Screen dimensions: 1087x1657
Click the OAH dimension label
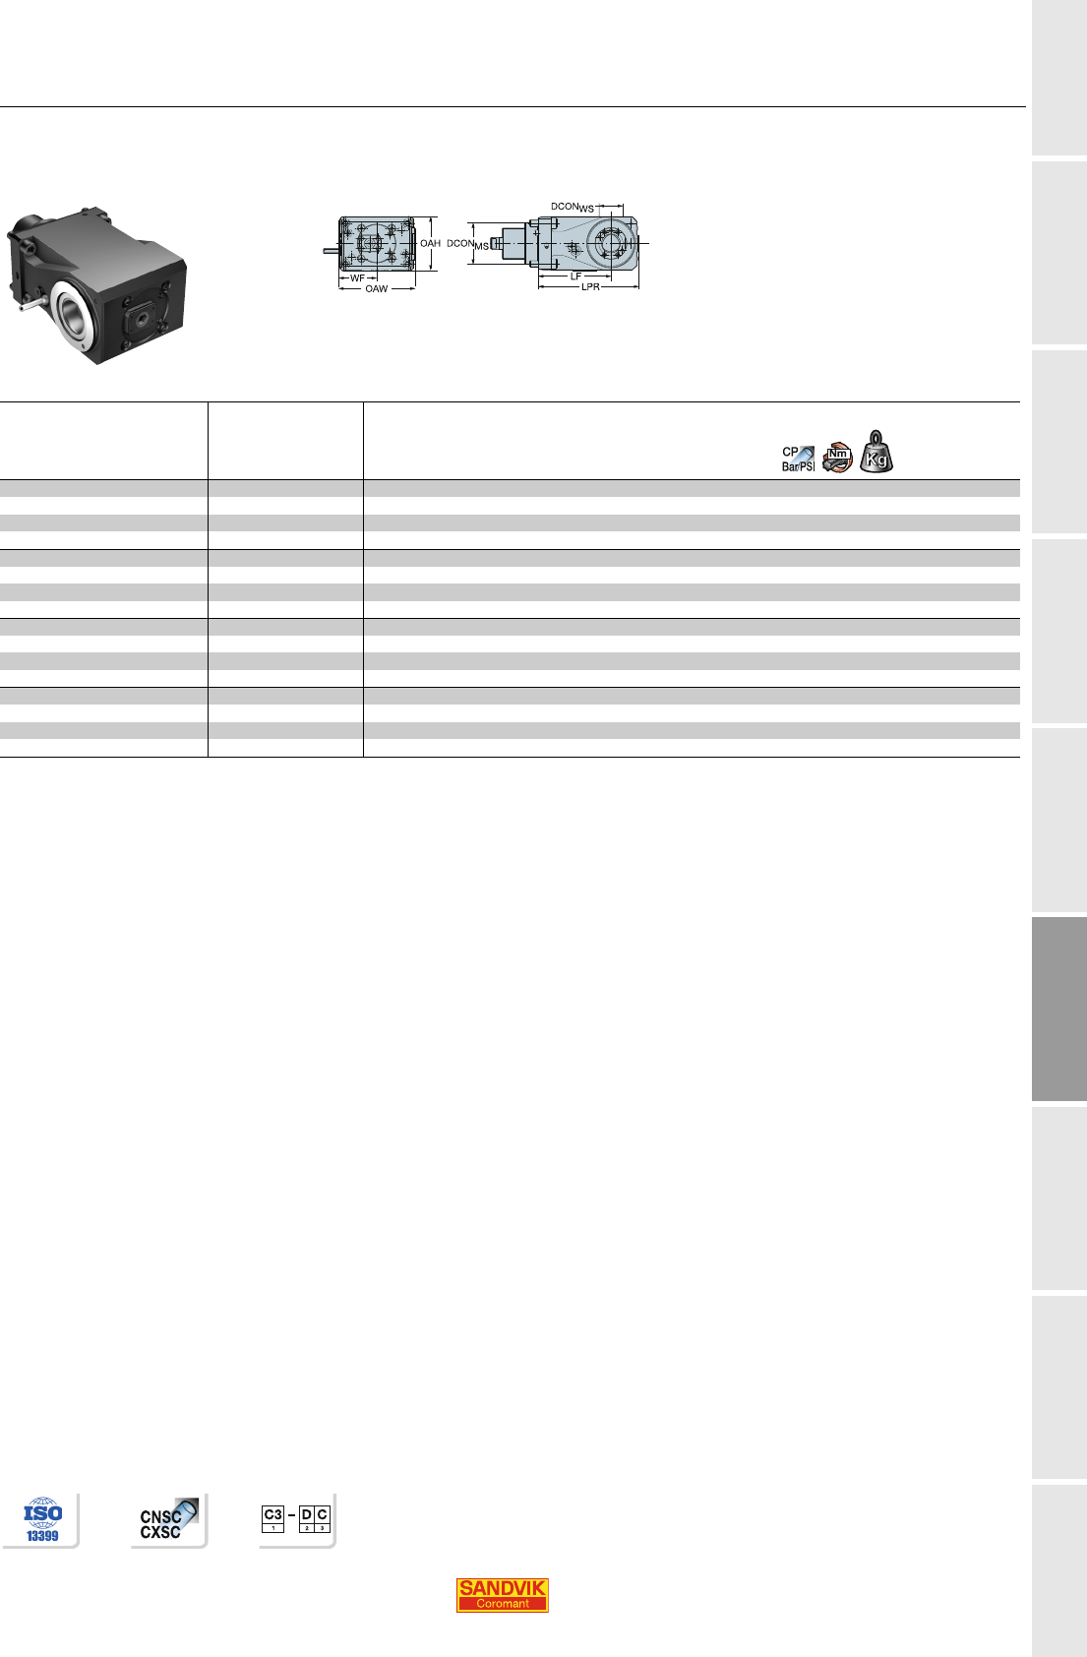click(430, 243)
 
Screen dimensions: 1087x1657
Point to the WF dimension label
click(357, 278)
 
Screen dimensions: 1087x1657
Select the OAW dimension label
click(377, 288)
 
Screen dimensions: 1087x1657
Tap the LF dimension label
click(575, 276)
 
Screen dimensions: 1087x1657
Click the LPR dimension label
click(590, 286)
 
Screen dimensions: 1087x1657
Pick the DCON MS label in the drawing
click(467, 244)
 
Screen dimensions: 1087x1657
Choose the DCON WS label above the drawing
click(573, 207)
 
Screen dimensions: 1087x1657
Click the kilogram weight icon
click(876, 452)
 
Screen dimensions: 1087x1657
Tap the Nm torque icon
click(838, 458)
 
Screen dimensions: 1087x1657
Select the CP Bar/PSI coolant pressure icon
click(798, 459)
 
